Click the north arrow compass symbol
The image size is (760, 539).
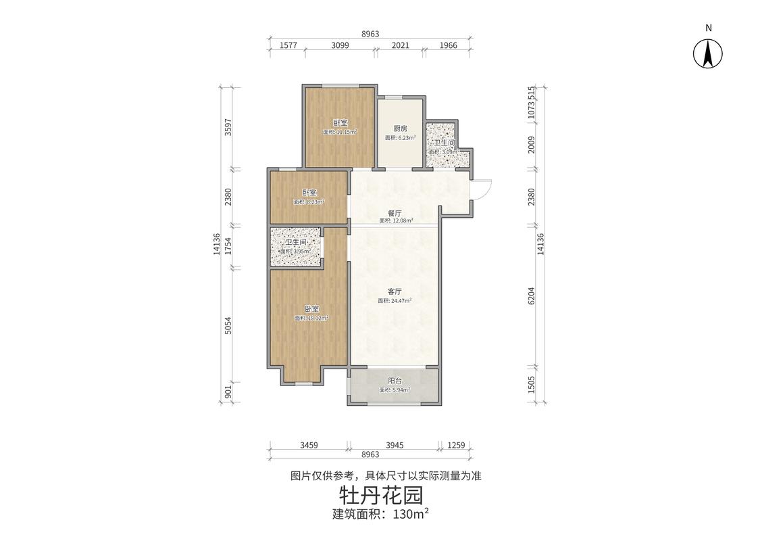click(708, 53)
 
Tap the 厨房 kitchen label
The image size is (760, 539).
click(400, 128)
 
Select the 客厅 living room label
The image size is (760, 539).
click(395, 291)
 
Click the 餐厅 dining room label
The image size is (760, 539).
click(395, 212)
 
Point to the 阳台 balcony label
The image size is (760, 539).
click(395, 381)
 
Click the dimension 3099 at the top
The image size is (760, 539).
click(340, 45)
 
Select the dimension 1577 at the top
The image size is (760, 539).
click(288, 45)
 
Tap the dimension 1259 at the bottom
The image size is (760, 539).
click(457, 445)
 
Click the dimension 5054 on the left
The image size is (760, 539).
click(228, 326)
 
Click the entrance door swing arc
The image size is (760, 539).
click(484, 189)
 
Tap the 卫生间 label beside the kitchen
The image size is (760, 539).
click(444, 143)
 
